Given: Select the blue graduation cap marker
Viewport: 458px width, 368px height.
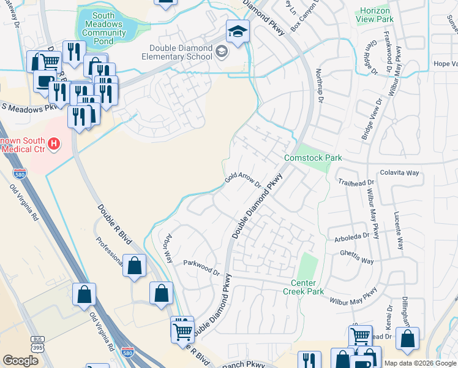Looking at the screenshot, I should (x=238, y=31).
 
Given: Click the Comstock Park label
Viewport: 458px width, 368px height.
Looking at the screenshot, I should (x=313, y=158).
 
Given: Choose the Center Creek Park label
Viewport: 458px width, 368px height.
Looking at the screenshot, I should (x=307, y=287).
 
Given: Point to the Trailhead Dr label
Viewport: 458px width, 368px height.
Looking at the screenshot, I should (x=355, y=183).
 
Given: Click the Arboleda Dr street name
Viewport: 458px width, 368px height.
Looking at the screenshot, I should (x=352, y=235).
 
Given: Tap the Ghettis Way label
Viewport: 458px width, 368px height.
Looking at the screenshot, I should (x=357, y=261).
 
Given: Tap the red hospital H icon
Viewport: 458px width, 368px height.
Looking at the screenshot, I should (x=54, y=144).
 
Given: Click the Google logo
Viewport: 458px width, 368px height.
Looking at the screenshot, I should (x=21, y=360).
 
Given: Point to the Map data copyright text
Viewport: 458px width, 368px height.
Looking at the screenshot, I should (x=419, y=362).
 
